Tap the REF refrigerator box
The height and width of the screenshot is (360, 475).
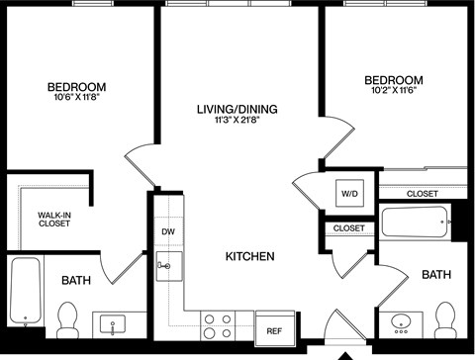[272, 329]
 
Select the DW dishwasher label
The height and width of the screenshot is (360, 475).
[168, 232]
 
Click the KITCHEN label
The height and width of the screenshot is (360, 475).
[249, 256]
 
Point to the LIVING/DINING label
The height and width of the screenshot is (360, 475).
[237, 109]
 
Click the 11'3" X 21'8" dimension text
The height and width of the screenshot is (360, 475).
[237, 122]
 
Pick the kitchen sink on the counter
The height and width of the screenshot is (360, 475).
[165, 264]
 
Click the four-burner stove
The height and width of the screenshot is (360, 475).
[217, 326]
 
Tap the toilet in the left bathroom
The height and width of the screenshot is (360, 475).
[68, 318]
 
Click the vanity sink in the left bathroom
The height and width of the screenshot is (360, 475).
[115, 323]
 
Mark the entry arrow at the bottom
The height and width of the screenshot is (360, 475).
[345, 354]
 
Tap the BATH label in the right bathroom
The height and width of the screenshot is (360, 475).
[435, 274]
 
